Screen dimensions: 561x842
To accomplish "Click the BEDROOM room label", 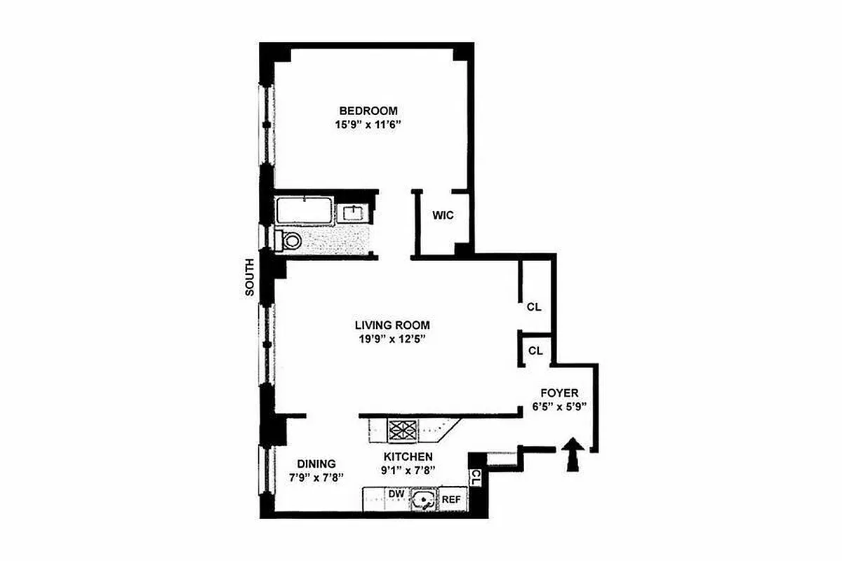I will tap(368, 111).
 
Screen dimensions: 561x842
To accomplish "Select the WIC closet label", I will tap(443, 215).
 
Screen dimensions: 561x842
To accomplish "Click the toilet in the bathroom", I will tap(289, 241).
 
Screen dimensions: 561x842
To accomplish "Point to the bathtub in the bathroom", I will tap(304, 210).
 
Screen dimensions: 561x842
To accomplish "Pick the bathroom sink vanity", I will tap(352, 212).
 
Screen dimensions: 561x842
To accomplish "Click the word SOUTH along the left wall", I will tap(250, 278).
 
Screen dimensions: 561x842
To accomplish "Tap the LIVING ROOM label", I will tap(392, 325).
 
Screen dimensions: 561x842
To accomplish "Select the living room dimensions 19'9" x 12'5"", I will tap(392, 339).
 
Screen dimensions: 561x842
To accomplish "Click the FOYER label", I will tap(559, 392).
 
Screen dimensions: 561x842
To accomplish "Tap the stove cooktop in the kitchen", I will tap(403, 430).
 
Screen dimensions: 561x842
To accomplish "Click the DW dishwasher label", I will tap(396, 494).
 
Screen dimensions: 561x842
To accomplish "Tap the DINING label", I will tap(316, 464).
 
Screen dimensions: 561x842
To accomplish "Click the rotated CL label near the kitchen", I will tap(476, 479).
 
